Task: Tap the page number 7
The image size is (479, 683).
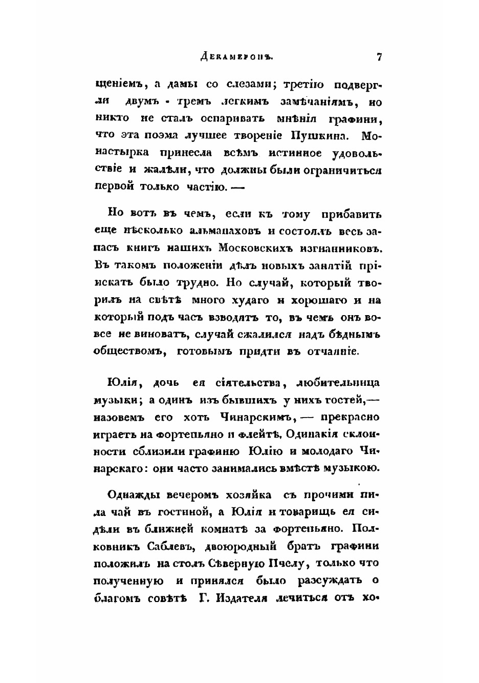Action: pos(379,57)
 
